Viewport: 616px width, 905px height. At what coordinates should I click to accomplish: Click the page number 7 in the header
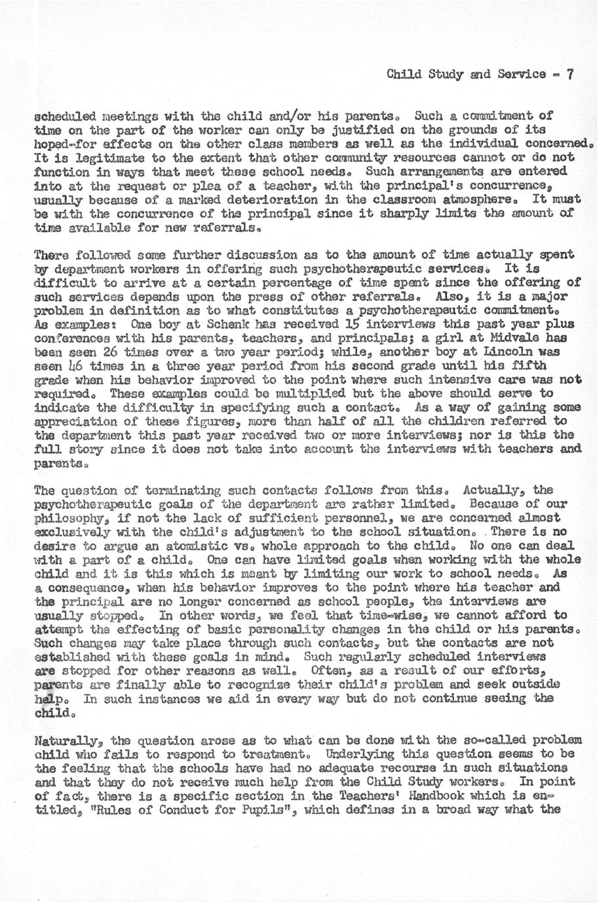pos(570,74)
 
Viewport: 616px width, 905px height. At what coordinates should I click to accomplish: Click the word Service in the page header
pos(523,74)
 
